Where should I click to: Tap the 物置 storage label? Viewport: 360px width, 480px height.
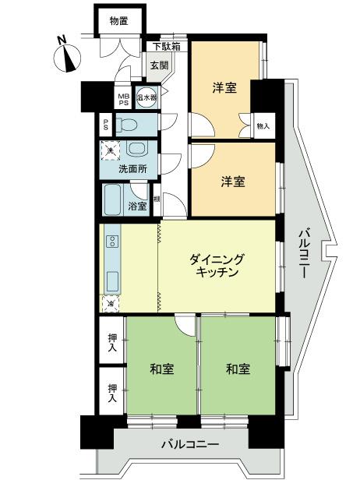click(x=118, y=20)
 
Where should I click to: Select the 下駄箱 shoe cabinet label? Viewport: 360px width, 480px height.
click(x=165, y=47)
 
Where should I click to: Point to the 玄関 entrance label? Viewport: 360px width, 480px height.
click(x=159, y=65)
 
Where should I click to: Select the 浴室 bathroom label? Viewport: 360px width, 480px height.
click(x=139, y=206)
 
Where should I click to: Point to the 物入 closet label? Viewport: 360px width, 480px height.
click(x=263, y=125)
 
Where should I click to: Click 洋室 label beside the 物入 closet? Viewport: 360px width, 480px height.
click(x=224, y=88)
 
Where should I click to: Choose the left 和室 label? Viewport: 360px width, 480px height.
click(x=161, y=368)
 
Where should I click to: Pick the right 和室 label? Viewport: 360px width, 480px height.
click(x=238, y=368)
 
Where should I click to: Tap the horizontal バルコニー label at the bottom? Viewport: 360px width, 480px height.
click(x=190, y=445)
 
